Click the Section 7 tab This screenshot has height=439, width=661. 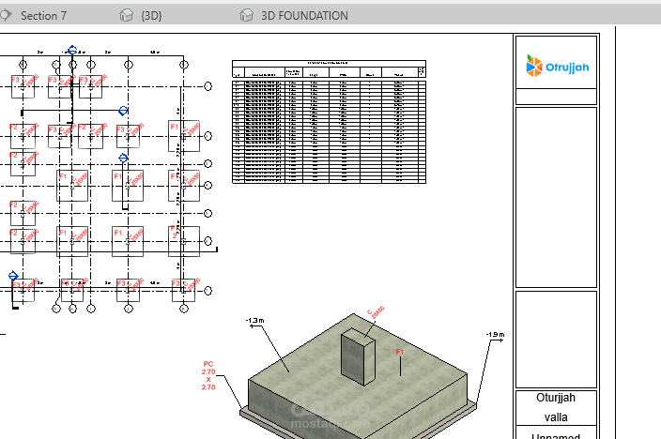click(44, 15)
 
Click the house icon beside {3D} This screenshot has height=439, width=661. click(128, 15)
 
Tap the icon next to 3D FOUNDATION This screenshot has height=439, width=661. click(246, 15)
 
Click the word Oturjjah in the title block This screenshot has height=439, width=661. click(555, 397)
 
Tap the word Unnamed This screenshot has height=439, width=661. click(555, 435)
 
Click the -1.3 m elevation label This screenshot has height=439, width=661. click(254, 321)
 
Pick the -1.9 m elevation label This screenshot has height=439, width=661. click(495, 334)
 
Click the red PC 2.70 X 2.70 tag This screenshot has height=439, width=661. click(208, 374)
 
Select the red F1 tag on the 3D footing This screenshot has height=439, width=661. click(399, 352)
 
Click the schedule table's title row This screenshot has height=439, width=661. click(329, 63)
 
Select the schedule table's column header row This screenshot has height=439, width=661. click(329, 72)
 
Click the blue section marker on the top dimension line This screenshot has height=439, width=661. click(71, 51)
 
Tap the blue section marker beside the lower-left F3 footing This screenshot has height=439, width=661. click(13, 276)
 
